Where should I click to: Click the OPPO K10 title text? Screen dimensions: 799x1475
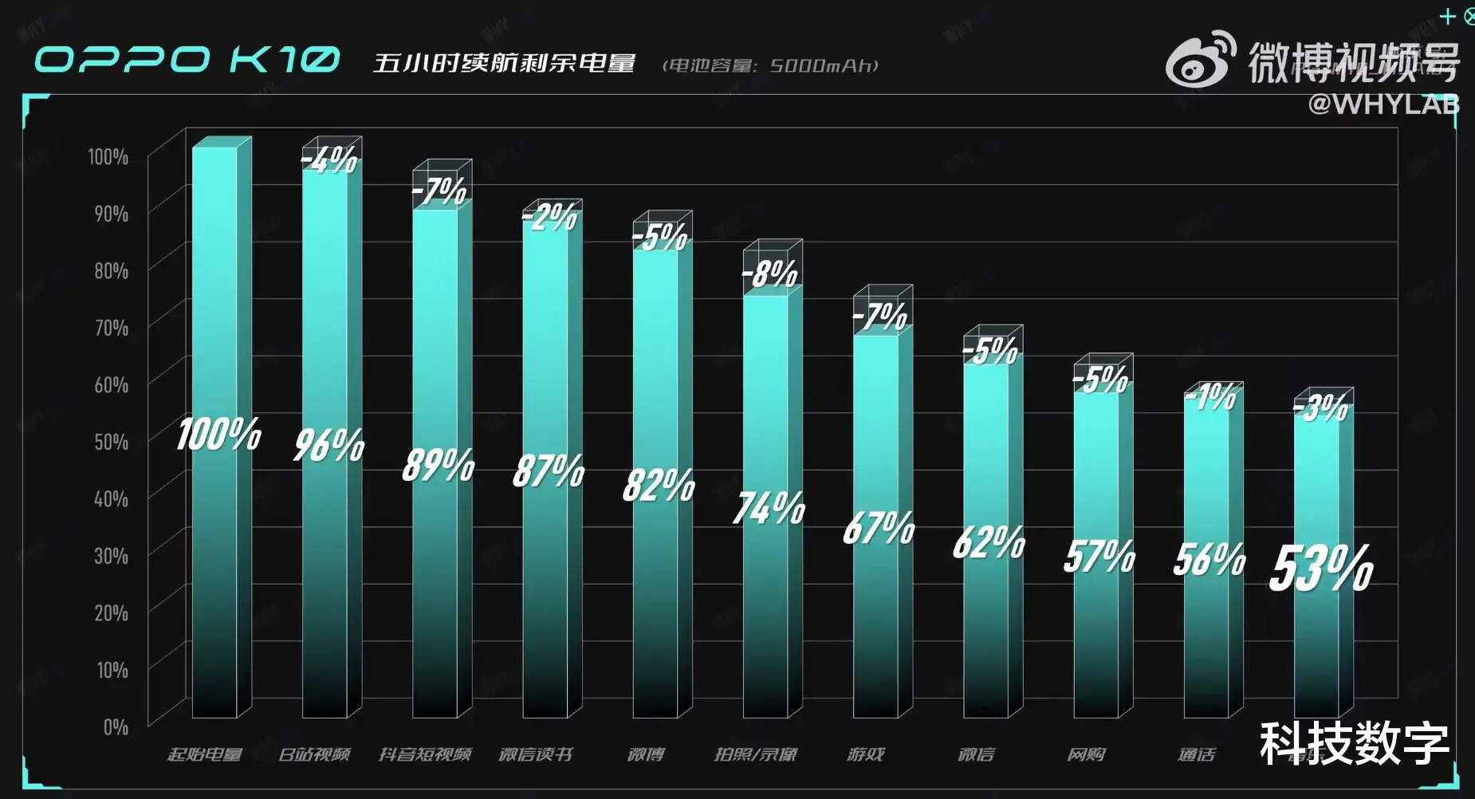[x=187, y=60]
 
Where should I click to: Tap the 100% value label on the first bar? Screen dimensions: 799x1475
[x=218, y=435]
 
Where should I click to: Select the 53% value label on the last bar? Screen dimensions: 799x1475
[x=1321, y=568]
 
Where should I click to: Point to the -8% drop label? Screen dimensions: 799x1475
[x=769, y=274]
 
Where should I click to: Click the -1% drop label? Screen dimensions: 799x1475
[x=1210, y=396]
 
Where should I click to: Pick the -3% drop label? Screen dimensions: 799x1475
[x=1321, y=408]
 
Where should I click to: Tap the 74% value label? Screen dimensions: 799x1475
[x=769, y=508]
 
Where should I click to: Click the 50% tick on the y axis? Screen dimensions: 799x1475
[x=112, y=442]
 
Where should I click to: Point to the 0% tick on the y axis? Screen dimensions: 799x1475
[x=116, y=726]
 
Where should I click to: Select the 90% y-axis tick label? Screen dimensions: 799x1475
[x=112, y=214]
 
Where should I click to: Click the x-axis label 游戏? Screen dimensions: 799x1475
[x=866, y=754]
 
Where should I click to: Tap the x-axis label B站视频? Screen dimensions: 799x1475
[x=314, y=754]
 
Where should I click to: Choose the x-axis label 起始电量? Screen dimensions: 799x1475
[x=205, y=754]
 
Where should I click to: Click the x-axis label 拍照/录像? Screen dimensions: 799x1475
[x=756, y=754]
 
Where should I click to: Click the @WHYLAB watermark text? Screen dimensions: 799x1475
[x=1383, y=104]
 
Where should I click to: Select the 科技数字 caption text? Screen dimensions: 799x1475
[x=1354, y=743]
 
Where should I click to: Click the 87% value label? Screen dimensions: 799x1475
[x=549, y=470]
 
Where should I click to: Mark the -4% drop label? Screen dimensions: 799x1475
[x=329, y=159]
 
